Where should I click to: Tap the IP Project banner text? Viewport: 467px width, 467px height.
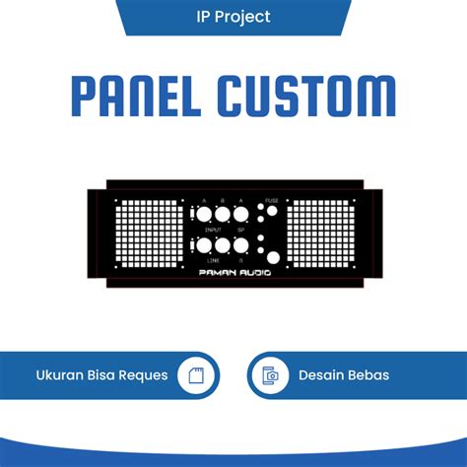[x=233, y=17]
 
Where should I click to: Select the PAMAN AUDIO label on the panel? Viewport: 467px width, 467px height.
[x=233, y=272]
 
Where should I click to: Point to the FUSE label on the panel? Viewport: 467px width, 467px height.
[x=272, y=200]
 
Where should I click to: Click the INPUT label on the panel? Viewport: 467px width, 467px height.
[x=212, y=229]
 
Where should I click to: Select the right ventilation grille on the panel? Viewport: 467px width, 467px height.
[x=320, y=236]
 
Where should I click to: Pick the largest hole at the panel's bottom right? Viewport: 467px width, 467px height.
[x=273, y=258]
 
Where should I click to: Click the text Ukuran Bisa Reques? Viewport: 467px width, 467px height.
[x=102, y=375]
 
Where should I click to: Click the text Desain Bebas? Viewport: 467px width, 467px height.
[x=344, y=375]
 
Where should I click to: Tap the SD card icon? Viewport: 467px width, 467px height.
[x=194, y=375]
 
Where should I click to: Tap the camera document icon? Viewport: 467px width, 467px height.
[x=269, y=375]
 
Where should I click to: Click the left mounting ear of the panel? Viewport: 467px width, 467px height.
[x=97, y=236]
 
